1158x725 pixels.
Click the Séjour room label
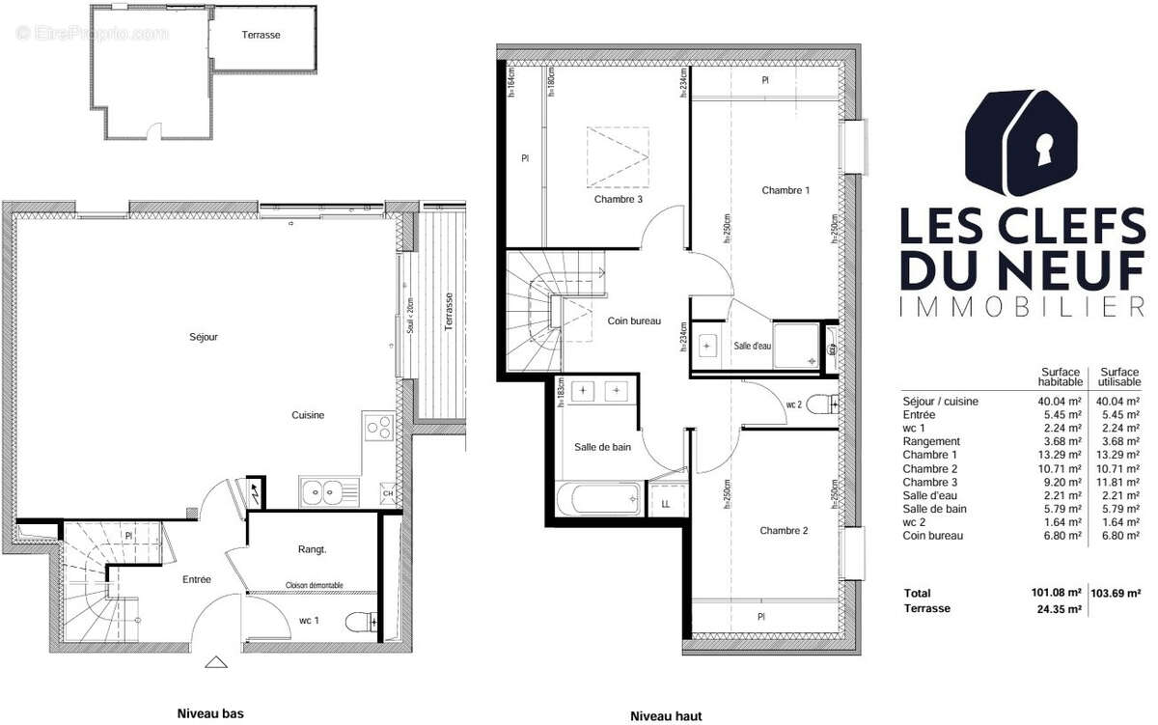[204, 337]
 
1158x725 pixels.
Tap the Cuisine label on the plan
[309, 415]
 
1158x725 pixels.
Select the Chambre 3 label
[619, 200]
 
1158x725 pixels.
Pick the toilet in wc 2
[820, 404]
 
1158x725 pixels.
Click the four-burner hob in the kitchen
[376, 426]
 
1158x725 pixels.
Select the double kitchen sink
[324, 492]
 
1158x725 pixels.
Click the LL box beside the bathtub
[666, 503]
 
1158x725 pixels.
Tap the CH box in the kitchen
[388, 494]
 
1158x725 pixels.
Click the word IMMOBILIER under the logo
[1021, 307]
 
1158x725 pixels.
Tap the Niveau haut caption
[666, 716]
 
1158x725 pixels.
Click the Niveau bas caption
[209, 714]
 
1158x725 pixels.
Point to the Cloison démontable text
[315, 585]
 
